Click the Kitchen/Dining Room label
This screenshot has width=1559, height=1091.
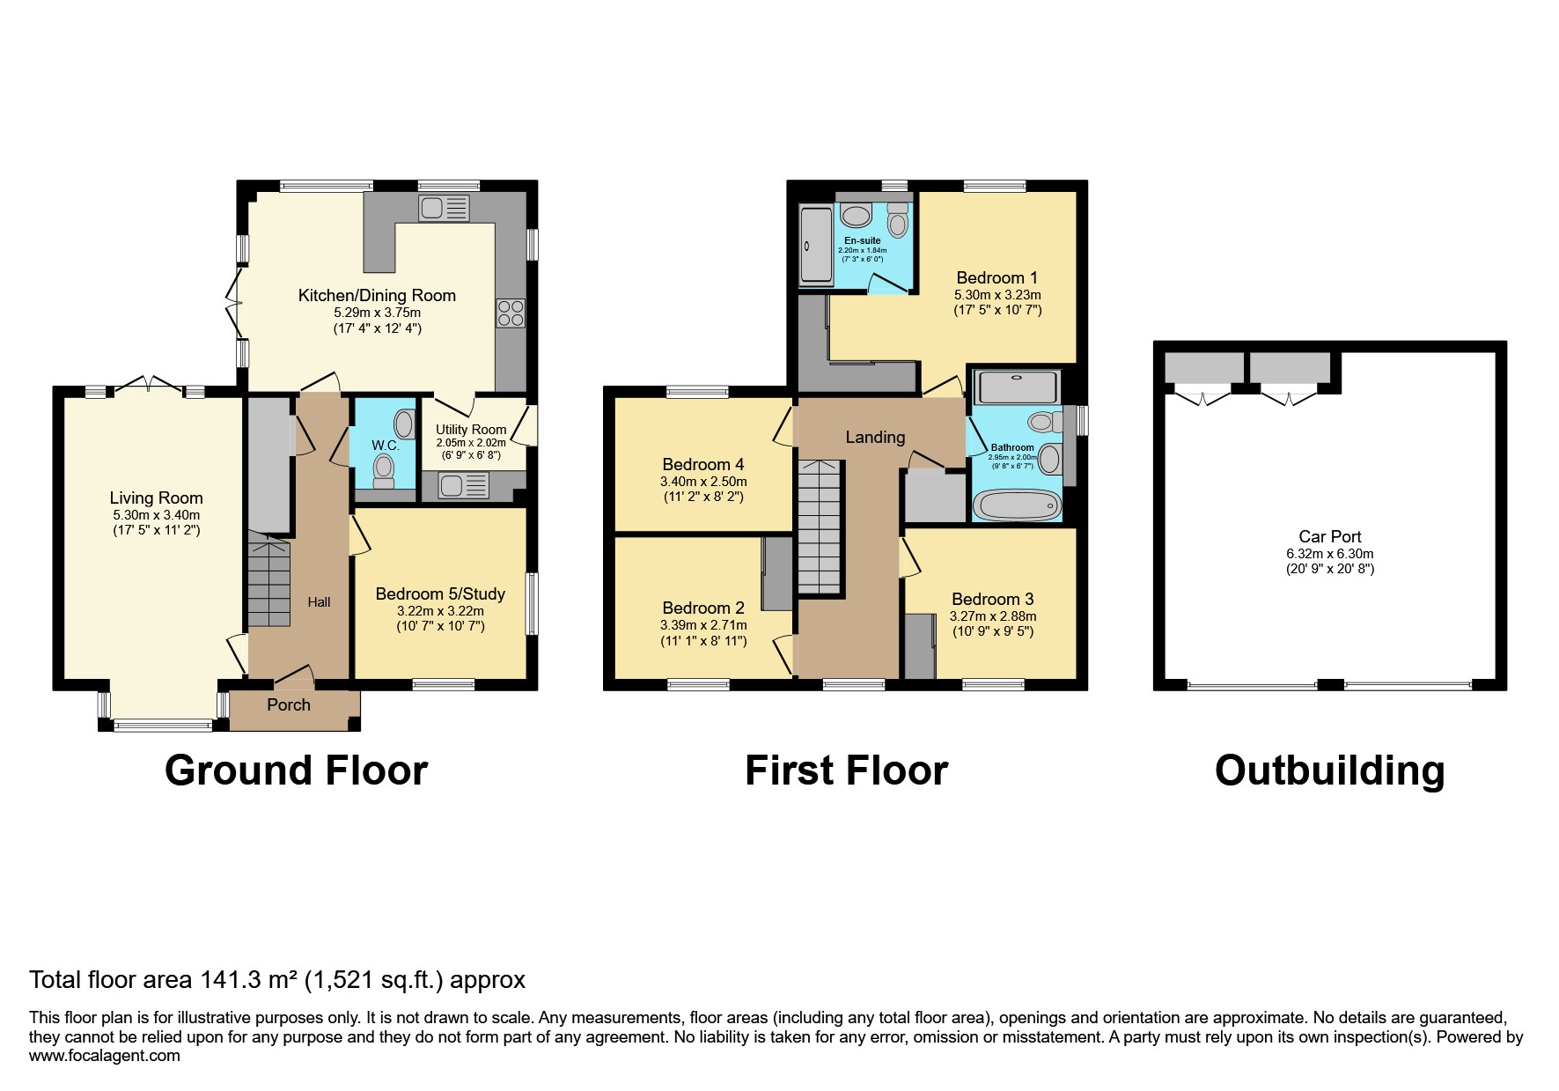coord(377,296)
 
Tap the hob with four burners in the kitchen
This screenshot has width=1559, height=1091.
coord(511,313)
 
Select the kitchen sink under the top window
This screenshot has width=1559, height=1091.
coord(445,209)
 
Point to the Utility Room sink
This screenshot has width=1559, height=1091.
coord(464,485)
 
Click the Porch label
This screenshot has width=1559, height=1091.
coord(289,705)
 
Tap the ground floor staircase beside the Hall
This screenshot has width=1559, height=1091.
coord(268,581)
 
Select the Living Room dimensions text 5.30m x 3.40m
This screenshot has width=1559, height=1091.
coord(156,516)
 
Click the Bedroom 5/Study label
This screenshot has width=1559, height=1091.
coord(440,594)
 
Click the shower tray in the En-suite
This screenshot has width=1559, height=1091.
coord(814,246)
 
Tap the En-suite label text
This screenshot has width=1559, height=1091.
coord(862,240)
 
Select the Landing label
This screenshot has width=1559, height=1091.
coord(875,438)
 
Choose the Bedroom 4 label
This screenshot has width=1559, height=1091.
coord(702,465)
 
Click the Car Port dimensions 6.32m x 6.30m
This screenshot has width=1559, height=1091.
coord(1329,555)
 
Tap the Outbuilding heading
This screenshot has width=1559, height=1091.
coord(1329,770)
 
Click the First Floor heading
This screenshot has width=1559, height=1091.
coord(846,770)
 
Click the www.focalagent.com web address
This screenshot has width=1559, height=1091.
coord(104,1056)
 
